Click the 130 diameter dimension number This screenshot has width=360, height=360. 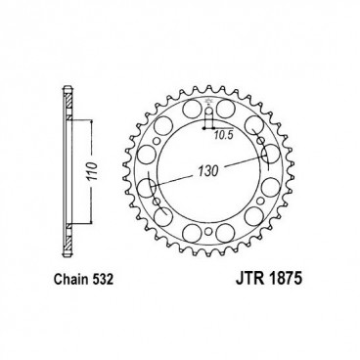coord(208,169)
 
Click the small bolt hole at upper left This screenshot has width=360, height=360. coord(157,141)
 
